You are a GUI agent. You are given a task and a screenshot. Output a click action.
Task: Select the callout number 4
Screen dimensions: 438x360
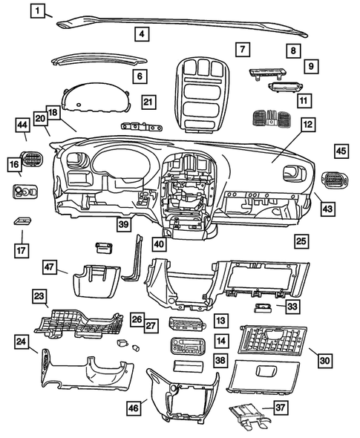141,33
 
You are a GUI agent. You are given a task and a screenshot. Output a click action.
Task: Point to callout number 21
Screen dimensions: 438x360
148,102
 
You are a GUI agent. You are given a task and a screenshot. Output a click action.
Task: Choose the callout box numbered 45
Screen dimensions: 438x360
341,151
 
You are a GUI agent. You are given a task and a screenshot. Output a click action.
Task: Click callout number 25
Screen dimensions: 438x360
301,241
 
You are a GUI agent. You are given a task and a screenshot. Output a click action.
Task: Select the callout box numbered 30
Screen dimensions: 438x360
325,360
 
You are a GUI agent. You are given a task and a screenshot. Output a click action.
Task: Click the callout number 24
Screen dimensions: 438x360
24,341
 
